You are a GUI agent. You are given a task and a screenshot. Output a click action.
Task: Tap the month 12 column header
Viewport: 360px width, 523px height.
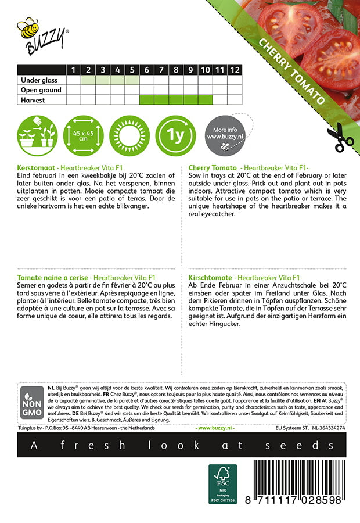tap(235, 70)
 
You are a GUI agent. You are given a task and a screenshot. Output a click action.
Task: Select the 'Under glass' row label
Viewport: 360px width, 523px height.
tap(40, 80)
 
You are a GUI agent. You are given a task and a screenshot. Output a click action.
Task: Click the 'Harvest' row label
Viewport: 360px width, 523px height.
tap(33, 100)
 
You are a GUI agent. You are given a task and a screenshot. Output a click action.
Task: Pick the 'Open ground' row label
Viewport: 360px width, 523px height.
tap(41, 90)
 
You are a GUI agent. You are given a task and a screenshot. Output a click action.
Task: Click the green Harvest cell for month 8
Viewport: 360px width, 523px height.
tap(176, 100)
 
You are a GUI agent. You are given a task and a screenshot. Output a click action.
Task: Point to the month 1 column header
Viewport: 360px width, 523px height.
tap(73, 70)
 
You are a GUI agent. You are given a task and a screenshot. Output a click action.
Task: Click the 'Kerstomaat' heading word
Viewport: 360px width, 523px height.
tap(37, 167)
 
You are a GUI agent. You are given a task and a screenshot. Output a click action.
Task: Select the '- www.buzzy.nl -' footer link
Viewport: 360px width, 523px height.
tap(216, 428)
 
